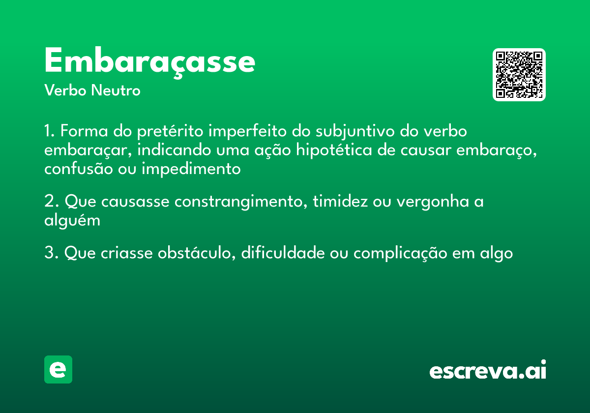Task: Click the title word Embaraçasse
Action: point(149,61)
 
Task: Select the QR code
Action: point(519,75)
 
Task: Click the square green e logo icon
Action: point(58,369)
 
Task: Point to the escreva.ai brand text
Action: point(487,370)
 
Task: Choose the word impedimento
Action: point(192,169)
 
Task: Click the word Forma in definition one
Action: point(80,132)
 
